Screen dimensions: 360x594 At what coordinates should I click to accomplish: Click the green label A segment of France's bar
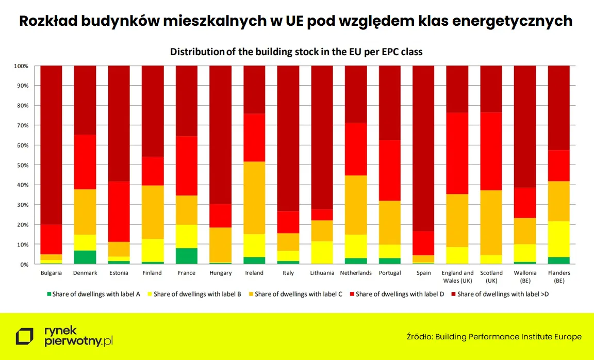(186, 256)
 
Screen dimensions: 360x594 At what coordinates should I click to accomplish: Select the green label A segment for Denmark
(85, 257)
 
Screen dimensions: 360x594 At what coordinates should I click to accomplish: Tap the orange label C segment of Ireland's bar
(254, 198)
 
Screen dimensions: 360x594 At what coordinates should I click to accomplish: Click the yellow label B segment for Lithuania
(322, 252)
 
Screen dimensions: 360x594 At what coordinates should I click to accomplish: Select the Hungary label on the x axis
(220, 273)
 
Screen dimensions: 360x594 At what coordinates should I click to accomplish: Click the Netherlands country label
(356, 273)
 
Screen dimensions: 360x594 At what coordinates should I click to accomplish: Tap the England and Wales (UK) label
(457, 276)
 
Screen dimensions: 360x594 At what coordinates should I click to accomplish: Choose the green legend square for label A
(49, 294)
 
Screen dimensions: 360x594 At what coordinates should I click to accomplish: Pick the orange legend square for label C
(252, 294)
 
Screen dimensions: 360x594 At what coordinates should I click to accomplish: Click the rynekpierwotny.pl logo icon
(24, 336)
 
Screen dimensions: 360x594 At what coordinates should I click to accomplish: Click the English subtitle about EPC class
(296, 52)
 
